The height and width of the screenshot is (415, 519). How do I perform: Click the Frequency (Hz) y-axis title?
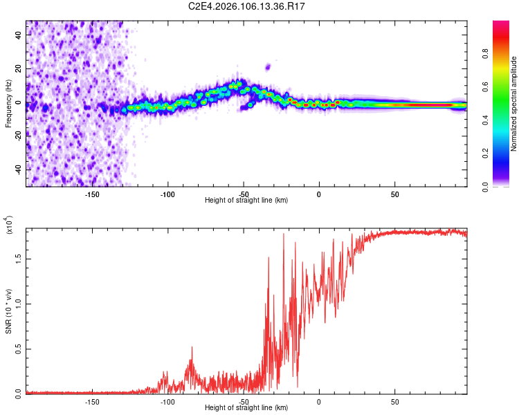coord(8,103)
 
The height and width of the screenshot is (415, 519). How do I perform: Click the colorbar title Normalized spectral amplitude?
coord(514,104)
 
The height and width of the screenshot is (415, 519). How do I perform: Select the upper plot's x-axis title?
coord(246,200)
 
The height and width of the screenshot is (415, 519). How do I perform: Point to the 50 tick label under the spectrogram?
coord(394,194)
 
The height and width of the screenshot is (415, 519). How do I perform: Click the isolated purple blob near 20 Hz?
coord(268,67)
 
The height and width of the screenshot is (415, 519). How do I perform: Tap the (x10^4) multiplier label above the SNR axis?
coord(9,224)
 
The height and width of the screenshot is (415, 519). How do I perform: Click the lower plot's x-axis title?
coord(246,407)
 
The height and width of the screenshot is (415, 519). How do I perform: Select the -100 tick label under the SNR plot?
coord(167,402)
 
